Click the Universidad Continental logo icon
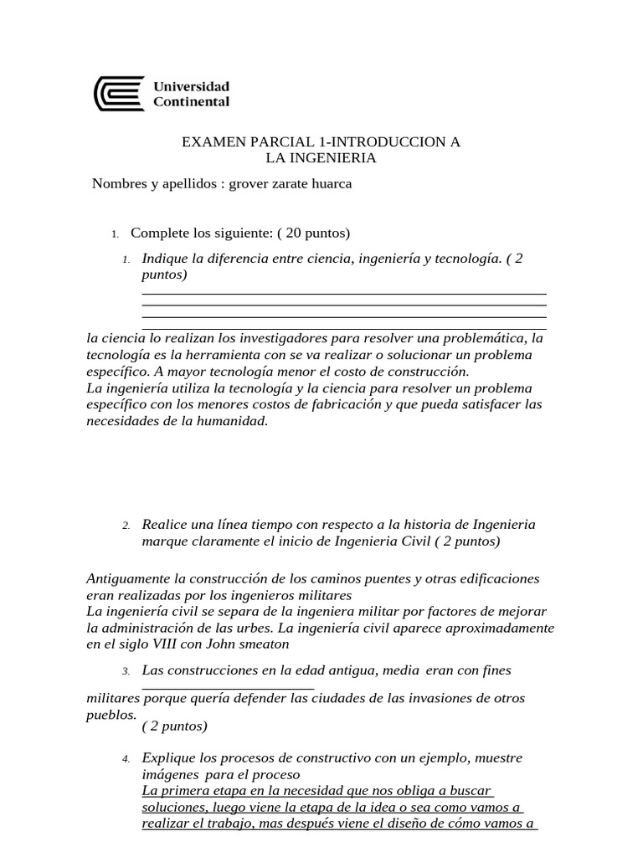tap(119, 95)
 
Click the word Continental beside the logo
tap(191, 102)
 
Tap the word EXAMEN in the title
tap(209, 143)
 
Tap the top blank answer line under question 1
tap(343, 293)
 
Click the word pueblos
tap(111, 715)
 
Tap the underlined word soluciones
tap(174, 807)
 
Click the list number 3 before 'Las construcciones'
tap(125, 671)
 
